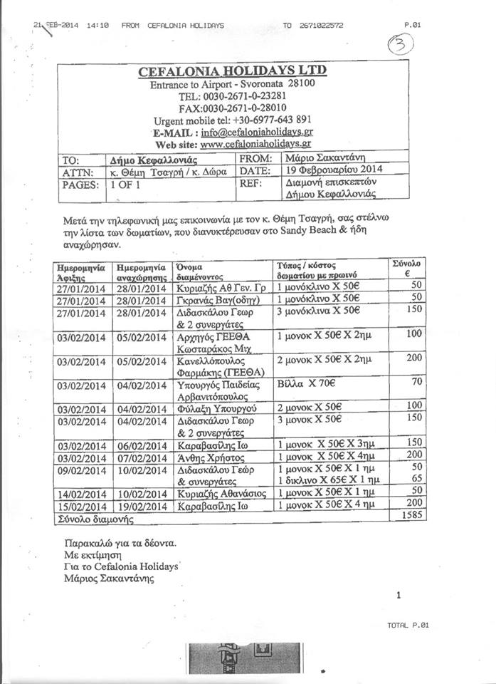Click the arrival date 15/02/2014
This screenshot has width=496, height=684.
(x=82, y=504)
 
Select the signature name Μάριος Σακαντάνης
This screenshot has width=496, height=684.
(x=109, y=579)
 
